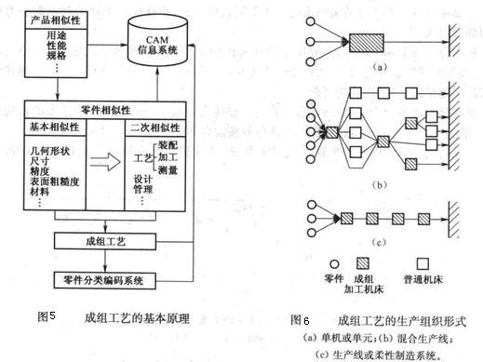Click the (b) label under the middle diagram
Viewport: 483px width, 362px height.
click(x=378, y=187)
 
